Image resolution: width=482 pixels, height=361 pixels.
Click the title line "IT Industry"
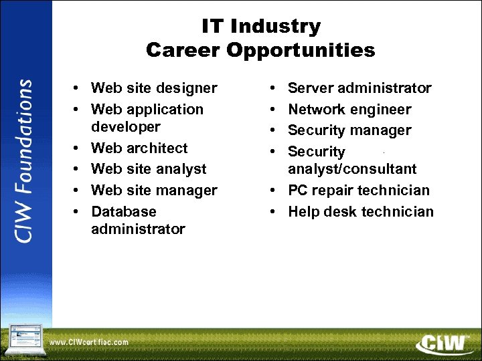260,27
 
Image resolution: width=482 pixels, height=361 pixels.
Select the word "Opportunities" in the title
310,50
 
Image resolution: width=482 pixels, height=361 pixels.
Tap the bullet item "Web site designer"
154,88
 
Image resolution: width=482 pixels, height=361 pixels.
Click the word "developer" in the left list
126,127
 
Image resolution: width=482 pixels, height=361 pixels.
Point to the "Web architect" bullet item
139,148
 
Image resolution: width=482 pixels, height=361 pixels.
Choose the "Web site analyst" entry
149,169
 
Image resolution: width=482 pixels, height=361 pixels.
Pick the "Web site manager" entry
154,191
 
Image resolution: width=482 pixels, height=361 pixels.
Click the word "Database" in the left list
124,212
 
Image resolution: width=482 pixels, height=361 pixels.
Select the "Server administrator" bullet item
359,88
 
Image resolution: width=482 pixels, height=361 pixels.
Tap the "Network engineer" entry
349,110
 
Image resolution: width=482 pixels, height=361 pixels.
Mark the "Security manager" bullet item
349,130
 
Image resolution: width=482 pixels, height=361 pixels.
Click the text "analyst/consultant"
352,169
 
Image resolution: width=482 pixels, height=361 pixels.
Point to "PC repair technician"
359,191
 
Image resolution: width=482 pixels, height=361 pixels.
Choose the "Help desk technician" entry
361,212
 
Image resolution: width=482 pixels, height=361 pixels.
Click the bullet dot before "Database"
78,212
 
